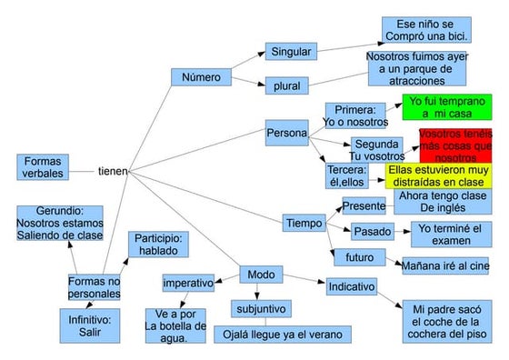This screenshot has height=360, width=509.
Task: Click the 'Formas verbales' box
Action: coord(43,167)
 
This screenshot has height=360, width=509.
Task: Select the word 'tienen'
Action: coord(113,170)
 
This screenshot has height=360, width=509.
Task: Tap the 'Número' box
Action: coord(200,77)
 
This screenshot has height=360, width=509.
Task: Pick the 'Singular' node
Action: coord(291,51)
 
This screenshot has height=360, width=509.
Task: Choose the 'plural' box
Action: coord(286,86)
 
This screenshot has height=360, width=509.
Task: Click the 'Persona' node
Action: coord(286,134)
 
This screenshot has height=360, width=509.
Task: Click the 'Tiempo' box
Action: coord(304,223)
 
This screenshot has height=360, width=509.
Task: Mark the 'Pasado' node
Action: coord(372,231)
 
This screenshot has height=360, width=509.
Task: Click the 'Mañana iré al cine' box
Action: coord(445,266)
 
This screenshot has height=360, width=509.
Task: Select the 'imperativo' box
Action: coord(188,284)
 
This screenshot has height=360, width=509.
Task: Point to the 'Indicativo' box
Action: coord(351,285)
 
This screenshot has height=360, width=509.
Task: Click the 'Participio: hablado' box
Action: coord(159,245)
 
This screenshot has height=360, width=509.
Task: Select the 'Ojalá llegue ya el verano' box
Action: coord(283,334)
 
